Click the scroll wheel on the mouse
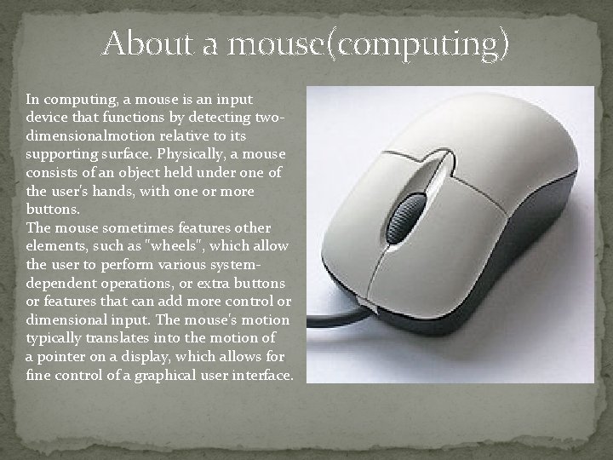click(x=406, y=216)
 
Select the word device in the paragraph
click(x=48, y=117)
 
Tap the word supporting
click(x=59, y=154)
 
